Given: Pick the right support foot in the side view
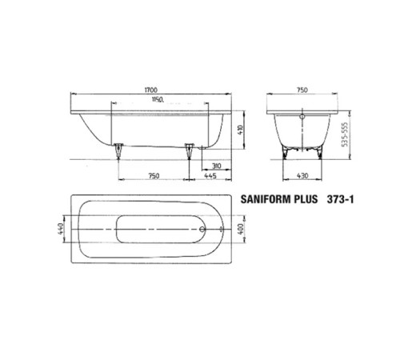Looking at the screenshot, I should pyautogui.click(x=190, y=149).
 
